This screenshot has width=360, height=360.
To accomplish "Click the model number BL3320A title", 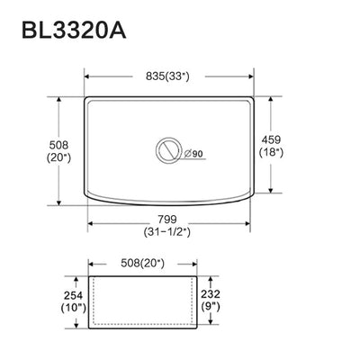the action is pos(74,30).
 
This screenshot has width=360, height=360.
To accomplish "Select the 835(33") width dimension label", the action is pos(168,76).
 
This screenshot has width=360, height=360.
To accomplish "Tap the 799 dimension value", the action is pos(167,220).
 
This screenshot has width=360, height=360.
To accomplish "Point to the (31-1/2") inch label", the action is pos(167,231).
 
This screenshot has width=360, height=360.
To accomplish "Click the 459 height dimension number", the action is pos(271,139).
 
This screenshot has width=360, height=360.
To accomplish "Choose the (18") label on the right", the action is pos(271,152).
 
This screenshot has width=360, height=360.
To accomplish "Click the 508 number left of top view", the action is pos(58,145).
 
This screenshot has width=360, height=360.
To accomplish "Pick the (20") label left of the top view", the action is pos(58,157).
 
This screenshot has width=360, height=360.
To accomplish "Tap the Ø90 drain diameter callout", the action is pos(193,154).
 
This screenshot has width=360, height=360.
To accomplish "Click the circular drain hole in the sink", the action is pos(168,150).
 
